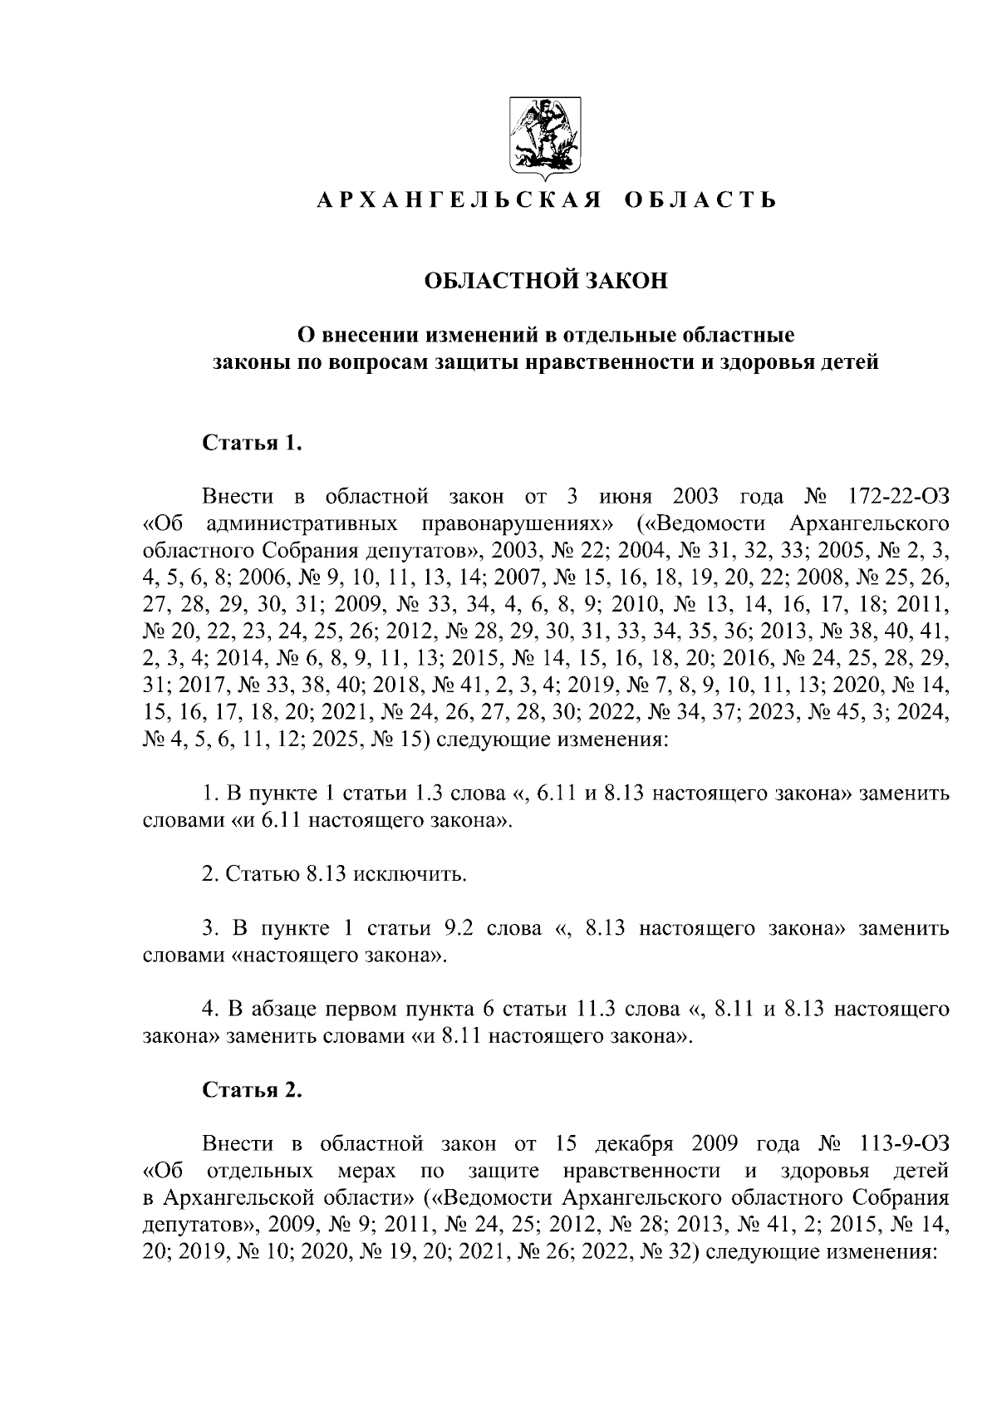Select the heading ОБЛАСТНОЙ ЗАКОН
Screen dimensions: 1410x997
point(546,281)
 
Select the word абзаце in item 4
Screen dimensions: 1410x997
point(284,1010)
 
